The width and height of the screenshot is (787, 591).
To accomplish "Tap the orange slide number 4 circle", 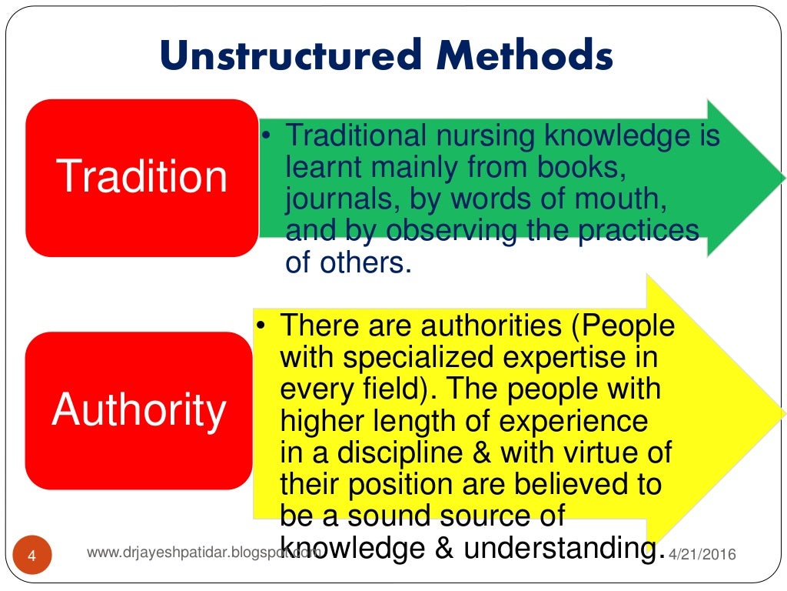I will click(32, 554).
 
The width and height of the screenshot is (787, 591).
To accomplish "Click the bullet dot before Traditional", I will click(264, 136).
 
